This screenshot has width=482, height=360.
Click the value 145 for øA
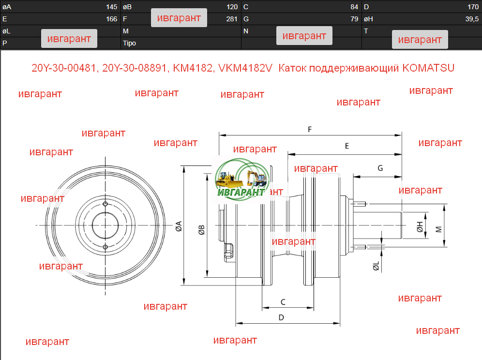[x=112, y=7]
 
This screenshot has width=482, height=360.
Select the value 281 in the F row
[x=232, y=19]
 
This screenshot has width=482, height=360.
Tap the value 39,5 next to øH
[x=472, y=19]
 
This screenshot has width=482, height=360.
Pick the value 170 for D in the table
[x=473, y=7]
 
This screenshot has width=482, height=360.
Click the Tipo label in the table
[x=129, y=43]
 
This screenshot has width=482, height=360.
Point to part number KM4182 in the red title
[x=193, y=68]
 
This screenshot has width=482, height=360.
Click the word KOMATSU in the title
[x=428, y=68]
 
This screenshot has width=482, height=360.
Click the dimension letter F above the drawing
[x=310, y=129]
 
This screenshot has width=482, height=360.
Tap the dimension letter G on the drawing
[x=380, y=168]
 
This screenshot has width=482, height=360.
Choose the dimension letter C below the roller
[x=283, y=302]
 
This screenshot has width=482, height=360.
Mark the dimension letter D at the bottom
[x=281, y=317]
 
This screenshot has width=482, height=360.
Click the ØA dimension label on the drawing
[x=179, y=226]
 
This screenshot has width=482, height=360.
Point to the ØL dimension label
[x=376, y=266]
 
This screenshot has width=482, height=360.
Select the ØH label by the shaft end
[x=420, y=226]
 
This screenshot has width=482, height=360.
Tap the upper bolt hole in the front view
[x=105, y=204]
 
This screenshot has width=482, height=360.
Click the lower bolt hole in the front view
[x=105, y=247]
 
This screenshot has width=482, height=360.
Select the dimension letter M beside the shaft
[x=439, y=229]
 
